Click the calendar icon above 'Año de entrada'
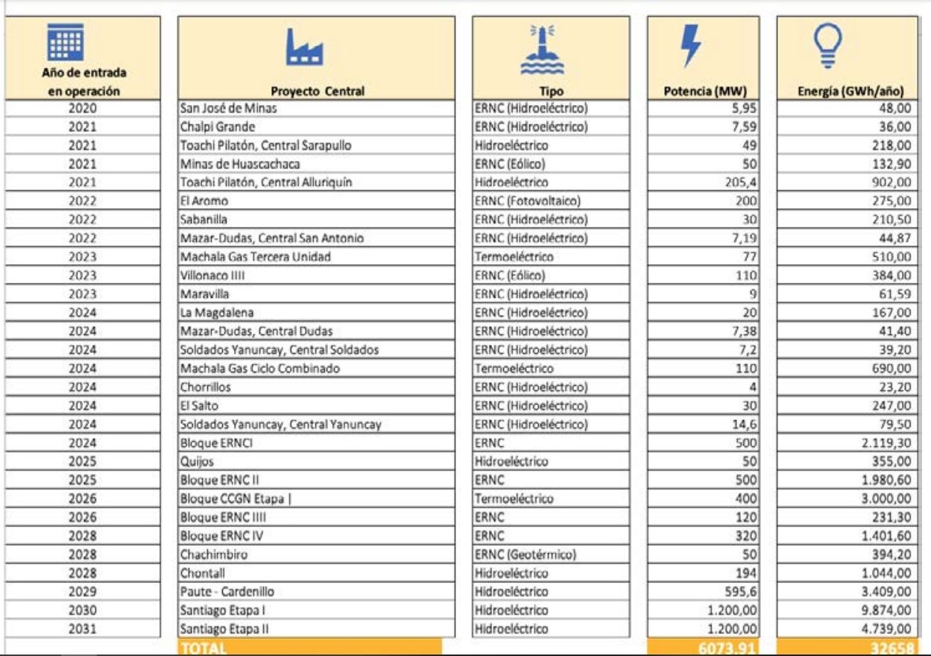click(x=60, y=42)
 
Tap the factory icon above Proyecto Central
click(x=305, y=50)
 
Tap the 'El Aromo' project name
click(x=205, y=201)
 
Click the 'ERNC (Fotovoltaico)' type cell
click(x=527, y=201)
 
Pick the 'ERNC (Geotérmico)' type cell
click(x=525, y=555)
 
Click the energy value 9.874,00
click(x=886, y=610)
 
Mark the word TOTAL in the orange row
click(x=203, y=648)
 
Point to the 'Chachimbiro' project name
click(x=213, y=555)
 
